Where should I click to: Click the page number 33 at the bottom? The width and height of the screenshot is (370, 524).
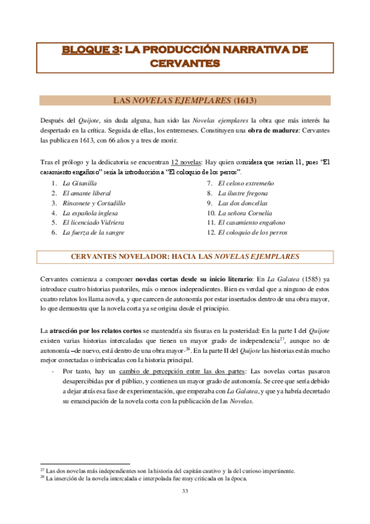point(185,491)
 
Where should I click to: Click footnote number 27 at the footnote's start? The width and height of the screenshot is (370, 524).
point(42,470)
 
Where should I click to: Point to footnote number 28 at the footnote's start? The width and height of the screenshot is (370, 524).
point(42,477)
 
